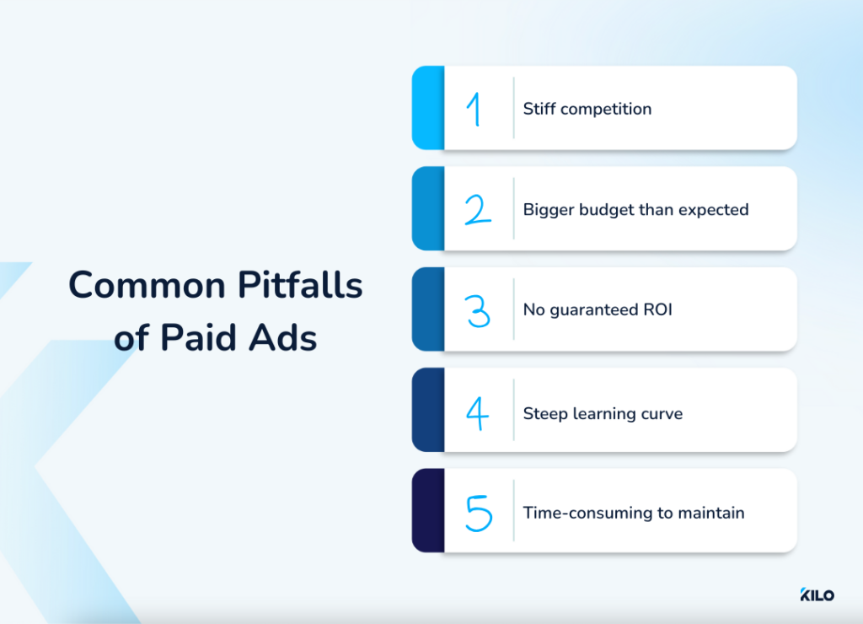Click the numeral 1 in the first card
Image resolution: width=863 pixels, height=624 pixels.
476,109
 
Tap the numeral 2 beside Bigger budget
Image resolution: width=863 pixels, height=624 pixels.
478,209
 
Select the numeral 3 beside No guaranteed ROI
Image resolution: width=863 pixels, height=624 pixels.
478,310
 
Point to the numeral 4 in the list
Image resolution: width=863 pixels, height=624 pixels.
478,413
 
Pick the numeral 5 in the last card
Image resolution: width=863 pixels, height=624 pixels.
478,513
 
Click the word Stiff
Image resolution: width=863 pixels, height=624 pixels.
538,109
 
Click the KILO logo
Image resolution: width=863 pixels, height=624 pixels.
817,595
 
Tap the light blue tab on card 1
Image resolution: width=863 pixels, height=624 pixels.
427,108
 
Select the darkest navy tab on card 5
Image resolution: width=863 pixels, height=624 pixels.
427,511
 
